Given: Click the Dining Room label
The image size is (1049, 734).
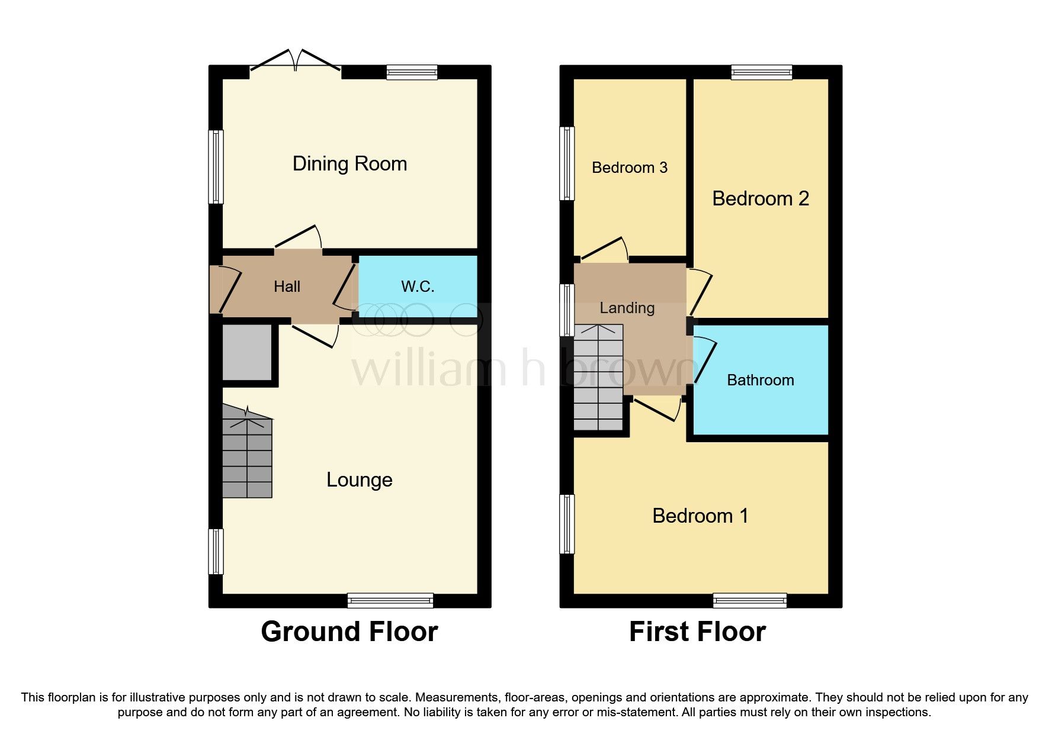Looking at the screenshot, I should pos(349,164).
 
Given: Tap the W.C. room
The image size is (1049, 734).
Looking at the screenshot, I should pos(418,286).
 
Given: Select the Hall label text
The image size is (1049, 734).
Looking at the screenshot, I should pos(287,286).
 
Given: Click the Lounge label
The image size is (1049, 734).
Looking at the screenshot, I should pos(359,479).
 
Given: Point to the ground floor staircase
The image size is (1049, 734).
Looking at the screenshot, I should pos(247,456).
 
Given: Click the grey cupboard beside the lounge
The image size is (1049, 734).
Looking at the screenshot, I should pos(247,352).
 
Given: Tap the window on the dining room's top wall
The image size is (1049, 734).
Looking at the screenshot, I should pos(412,72).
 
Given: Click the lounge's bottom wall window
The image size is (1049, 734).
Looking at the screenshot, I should pos(390,601).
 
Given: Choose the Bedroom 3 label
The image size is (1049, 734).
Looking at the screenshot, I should pos(629,168).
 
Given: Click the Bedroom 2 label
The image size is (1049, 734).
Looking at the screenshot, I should pos(760,198).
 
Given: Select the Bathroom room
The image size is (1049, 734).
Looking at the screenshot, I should pos(760,380).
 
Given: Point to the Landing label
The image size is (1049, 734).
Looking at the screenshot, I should pos(627,308).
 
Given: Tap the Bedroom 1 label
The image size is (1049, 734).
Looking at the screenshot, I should pos(700,516).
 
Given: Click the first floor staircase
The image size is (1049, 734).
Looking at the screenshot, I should pos(598,379).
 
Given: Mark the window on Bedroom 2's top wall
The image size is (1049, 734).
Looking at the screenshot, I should pos(761,72).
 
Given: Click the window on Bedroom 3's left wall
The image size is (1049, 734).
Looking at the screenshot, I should pos(567,163).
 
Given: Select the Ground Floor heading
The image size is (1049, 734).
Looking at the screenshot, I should pos(349,632).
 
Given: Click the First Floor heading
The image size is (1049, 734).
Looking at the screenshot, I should pos(697,632).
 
